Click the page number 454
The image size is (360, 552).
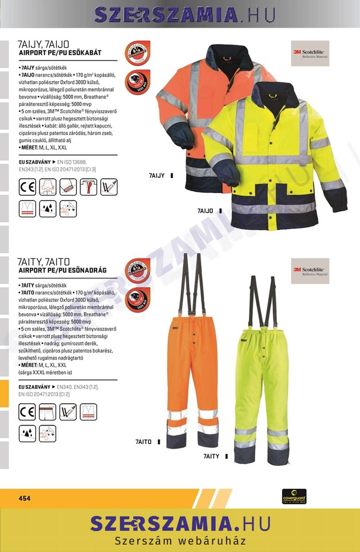25,498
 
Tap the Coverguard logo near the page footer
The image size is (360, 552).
294,496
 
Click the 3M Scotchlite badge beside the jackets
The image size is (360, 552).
310,53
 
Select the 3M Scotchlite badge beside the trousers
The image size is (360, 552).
310,271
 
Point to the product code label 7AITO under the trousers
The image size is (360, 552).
144,442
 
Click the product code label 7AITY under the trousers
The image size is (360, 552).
211,456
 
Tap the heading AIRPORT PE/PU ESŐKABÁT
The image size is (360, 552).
60,53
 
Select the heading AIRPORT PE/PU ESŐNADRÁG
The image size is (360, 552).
62,270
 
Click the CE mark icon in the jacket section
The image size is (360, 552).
27,187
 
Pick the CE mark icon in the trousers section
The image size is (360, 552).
27,411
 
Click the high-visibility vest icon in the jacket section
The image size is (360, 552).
27,209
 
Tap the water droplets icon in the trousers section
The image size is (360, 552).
27,433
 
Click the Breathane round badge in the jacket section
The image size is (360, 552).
137,53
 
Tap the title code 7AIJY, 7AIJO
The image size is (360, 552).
43,45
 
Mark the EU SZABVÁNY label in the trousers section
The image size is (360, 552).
34,386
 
